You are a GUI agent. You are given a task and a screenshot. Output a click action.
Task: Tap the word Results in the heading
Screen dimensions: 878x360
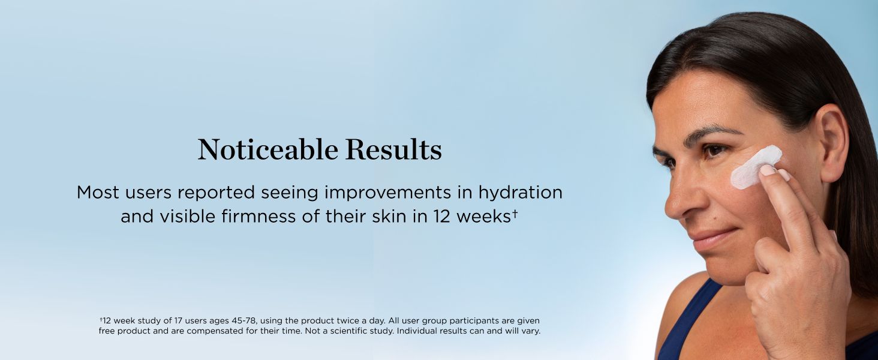393,149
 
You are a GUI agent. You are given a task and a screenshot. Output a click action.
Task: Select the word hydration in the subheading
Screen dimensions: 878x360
520,193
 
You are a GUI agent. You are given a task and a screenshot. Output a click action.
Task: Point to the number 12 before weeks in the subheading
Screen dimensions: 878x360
442,217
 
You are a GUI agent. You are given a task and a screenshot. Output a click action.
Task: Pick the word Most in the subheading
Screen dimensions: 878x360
98,193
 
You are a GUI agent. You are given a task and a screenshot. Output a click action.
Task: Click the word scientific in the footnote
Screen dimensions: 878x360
349,331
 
